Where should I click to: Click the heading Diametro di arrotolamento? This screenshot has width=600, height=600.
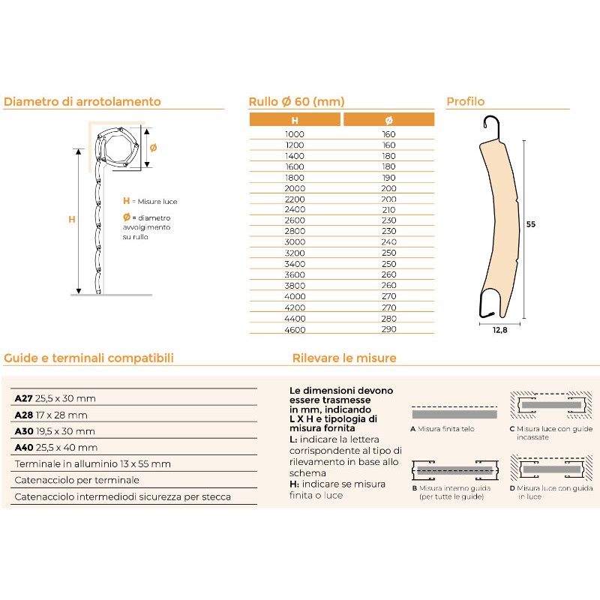[82, 102]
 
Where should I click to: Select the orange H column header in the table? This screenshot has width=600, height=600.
[295, 120]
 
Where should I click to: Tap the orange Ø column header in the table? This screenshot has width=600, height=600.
[388, 120]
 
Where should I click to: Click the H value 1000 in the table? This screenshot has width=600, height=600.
[295, 134]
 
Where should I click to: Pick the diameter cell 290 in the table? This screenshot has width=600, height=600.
[388, 329]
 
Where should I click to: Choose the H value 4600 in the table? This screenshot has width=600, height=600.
[295, 329]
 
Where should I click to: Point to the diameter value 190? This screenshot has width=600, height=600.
[388, 178]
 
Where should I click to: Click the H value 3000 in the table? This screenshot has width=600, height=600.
[295, 243]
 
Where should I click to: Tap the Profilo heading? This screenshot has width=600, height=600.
[466, 102]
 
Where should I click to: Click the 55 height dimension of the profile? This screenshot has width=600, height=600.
[531, 223]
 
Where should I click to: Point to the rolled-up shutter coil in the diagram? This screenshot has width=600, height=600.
[119, 146]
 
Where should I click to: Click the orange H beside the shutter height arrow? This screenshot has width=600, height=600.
[72, 219]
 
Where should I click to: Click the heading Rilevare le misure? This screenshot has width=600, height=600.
[344, 358]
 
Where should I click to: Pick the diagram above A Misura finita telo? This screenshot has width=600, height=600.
[454, 412]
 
